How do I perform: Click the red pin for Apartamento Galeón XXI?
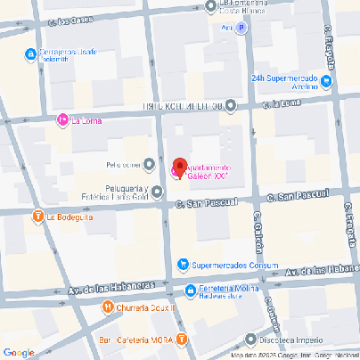click(x=178, y=167)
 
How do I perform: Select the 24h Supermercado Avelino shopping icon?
click(x=325, y=83)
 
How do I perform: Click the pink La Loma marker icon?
click(x=62, y=120)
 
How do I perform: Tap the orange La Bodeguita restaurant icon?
click(x=37, y=216)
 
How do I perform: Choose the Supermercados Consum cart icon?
click(x=183, y=264)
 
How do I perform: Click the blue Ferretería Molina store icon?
click(x=190, y=290)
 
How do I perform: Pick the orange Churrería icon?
click(x=106, y=307)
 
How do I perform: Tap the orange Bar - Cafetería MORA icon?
click(x=182, y=339)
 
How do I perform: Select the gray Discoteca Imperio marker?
click(x=252, y=340)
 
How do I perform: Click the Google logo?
click(x=19, y=352)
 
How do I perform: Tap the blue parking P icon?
click(x=241, y=27)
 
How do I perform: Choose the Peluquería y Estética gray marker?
click(x=157, y=192)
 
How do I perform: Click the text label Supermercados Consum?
click(x=236, y=264)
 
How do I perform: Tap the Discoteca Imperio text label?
click(x=296, y=340)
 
